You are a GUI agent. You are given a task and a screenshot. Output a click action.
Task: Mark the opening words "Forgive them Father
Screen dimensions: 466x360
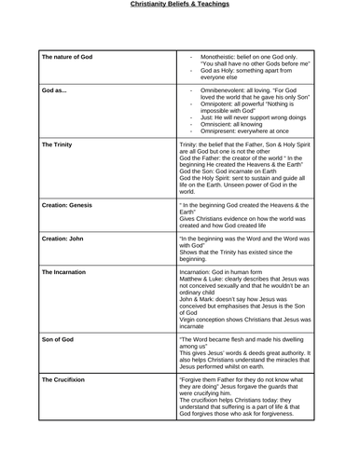(x=211, y=380)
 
